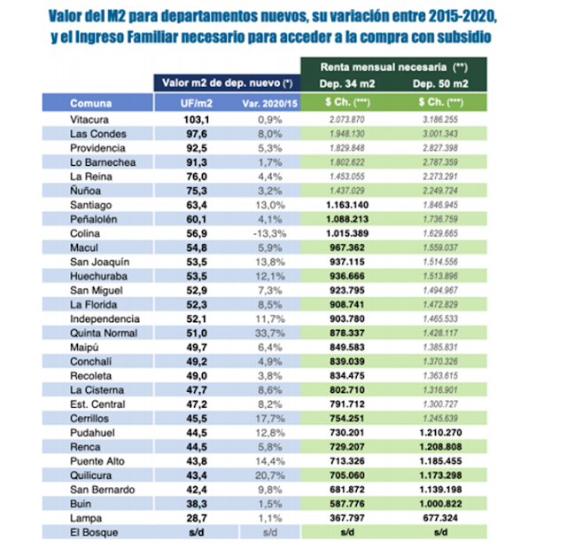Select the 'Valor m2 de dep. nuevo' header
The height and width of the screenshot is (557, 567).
[228, 83]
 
